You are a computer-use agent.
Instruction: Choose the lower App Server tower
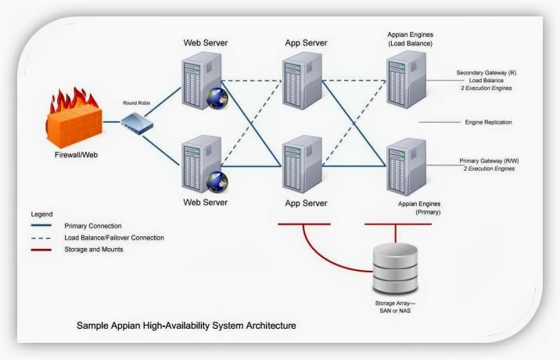click(x=303, y=164)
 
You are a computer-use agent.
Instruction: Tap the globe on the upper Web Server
click(x=217, y=98)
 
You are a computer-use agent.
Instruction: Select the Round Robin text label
click(x=137, y=103)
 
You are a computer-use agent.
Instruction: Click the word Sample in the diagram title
click(x=92, y=324)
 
